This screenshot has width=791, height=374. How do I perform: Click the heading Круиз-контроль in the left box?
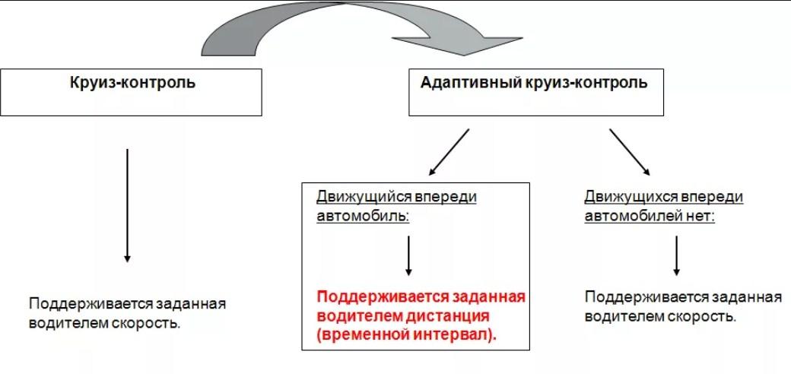(x=132, y=82)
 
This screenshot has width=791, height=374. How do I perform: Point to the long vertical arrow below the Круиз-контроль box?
(x=127, y=205)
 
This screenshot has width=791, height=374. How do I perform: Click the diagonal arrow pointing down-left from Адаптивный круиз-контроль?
(x=449, y=152)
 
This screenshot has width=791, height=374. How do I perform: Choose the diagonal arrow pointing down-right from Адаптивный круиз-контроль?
(x=630, y=152)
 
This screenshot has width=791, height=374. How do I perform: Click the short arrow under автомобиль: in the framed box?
(x=408, y=255)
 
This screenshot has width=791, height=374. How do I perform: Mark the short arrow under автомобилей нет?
(x=676, y=255)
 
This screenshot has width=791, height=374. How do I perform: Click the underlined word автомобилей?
(x=631, y=217)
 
